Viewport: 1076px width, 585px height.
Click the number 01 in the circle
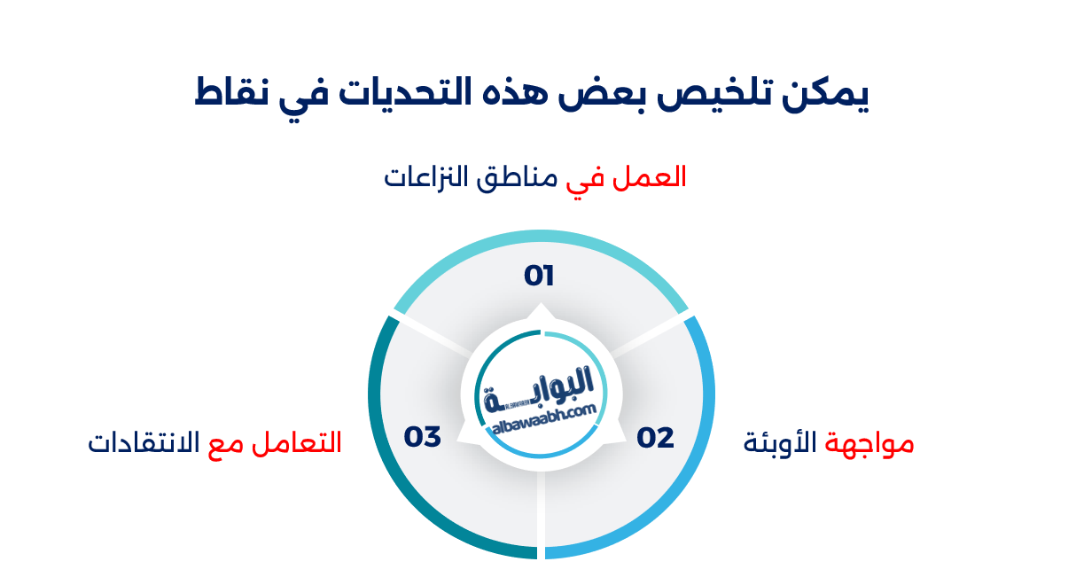tap(539, 276)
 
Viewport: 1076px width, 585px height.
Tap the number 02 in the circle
tap(655, 437)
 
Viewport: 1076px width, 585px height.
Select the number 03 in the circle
tap(423, 437)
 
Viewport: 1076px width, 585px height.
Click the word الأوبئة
tap(782, 442)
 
